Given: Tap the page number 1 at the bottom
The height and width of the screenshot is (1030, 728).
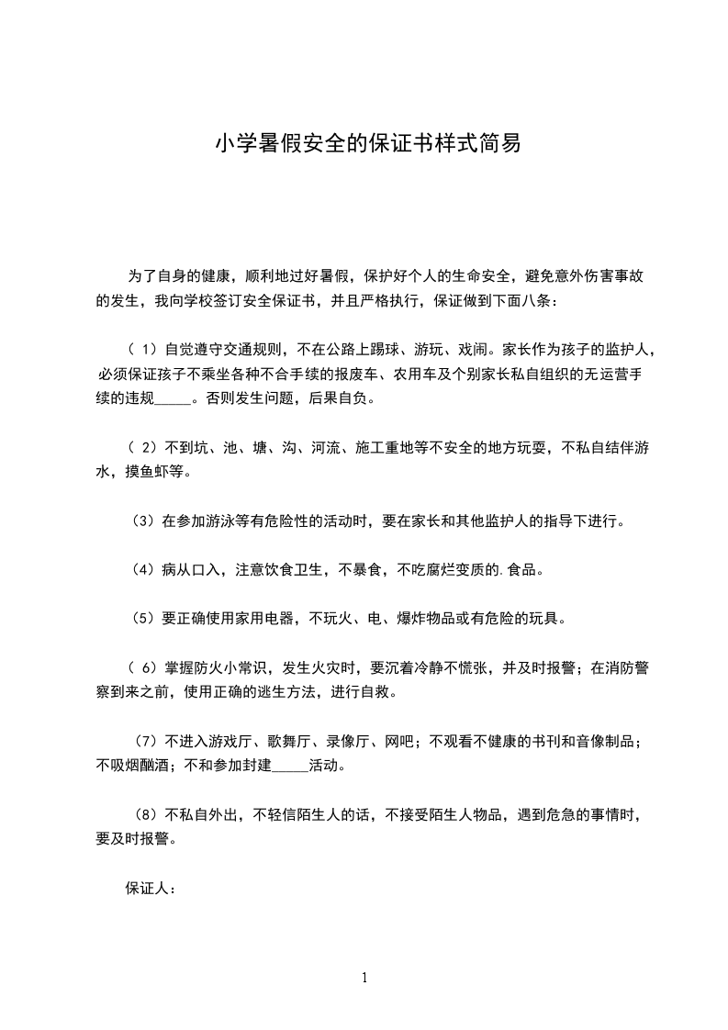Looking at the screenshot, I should click(364, 978).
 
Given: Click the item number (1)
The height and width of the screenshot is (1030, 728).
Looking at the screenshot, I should click(142, 350).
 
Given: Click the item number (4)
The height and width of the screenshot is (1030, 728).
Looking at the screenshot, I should click(142, 570).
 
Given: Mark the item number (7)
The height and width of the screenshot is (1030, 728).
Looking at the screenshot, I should click(144, 741).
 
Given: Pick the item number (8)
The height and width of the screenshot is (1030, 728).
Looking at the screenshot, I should click(144, 814).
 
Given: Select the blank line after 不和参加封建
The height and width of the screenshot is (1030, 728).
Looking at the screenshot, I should click(290, 766).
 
